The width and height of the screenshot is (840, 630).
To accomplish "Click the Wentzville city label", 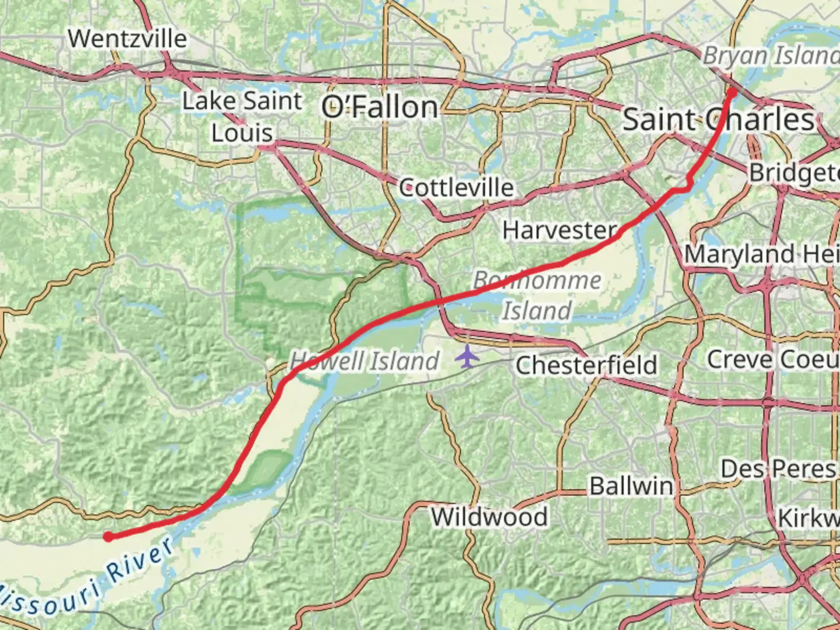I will (127, 39).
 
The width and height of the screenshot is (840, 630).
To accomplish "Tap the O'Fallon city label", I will (380, 107).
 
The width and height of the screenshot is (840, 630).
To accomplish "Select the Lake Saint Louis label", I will (242, 117).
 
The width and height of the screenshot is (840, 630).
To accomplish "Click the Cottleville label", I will (456, 188).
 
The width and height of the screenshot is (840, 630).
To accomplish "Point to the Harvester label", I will (559, 230).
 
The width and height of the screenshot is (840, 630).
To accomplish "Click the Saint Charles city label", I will (718, 120).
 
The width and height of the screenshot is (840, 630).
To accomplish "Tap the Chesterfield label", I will (586, 366).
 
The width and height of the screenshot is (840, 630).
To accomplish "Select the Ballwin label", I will (631, 486).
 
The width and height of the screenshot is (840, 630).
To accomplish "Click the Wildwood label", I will (489, 517).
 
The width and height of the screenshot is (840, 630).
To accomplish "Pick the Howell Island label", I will (365, 361).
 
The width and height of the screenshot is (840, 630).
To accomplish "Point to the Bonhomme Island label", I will (537, 295).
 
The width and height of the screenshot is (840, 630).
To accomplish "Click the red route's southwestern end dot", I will (108, 537).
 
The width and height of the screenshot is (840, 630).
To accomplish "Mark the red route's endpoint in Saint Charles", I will (731, 91).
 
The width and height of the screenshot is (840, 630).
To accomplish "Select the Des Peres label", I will (779, 469).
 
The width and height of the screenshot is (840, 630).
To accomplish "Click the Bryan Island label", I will (770, 56).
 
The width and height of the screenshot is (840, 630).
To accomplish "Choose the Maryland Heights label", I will (761, 254).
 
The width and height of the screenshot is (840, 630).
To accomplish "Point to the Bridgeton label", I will (793, 173).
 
